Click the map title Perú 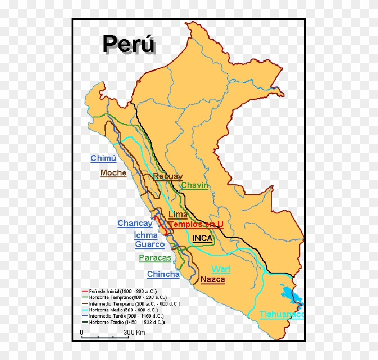(129, 44)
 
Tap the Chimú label (103, 158)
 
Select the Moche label (113, 173)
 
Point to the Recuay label (168, 176)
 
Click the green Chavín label (195, 185)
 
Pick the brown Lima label (178, 215)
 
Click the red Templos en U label (196, 224)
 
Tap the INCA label (202, 238)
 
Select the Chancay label (135, 223)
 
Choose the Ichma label (146, 235)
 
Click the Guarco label (150, 244)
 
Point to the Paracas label (155, 258)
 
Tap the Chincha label (163, 274)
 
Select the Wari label (221, 269)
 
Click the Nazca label (213, 279)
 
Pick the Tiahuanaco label (282, 314)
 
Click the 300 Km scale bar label (135, 333)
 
